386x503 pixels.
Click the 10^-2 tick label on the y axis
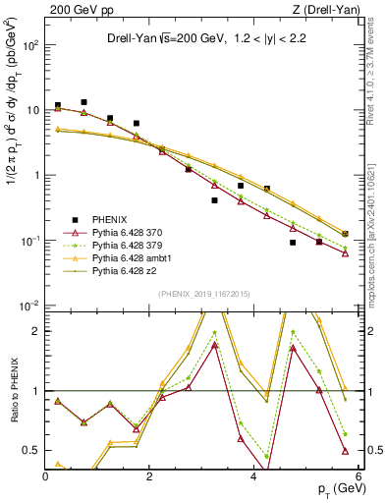[x=28, y=307]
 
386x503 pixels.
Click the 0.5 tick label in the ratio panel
[x=31, y=451]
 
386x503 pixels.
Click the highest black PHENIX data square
[x=84, y=102]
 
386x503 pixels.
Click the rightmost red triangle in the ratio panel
[x=345, y=451]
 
